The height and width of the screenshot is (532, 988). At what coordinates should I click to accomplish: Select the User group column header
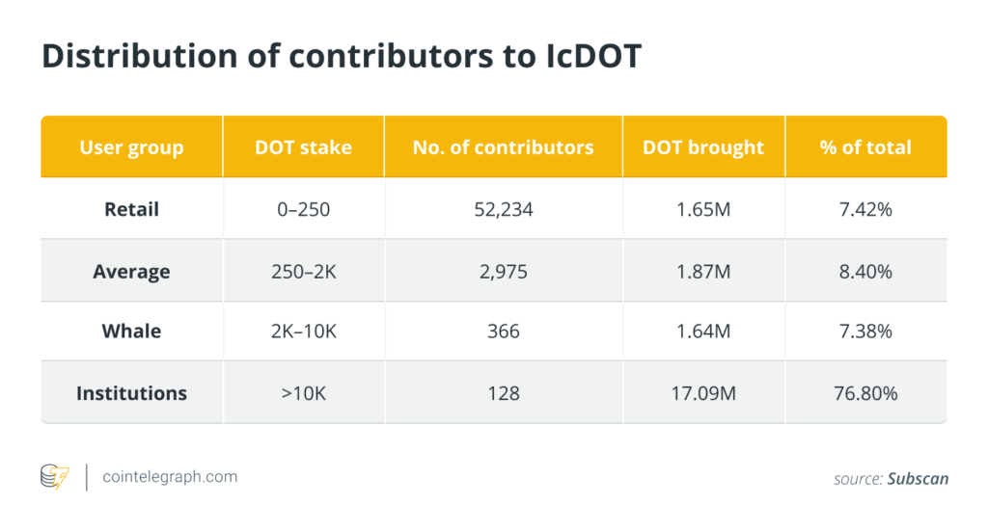[131, 147]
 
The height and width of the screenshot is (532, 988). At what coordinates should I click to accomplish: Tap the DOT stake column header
[303, 147]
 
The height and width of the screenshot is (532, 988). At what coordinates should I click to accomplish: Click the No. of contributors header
[503, 147]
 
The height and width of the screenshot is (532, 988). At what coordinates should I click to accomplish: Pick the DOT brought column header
[703, 147]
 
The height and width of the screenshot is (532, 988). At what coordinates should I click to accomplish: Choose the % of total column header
[865, 147]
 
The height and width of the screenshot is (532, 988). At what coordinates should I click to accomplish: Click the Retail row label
[131, 208]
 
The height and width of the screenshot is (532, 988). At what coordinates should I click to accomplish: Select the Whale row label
[131, 332]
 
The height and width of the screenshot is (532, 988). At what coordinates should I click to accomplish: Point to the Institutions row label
[131, 393]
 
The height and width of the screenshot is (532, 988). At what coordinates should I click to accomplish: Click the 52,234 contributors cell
[503, 208]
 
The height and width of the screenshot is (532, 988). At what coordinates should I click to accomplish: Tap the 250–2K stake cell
[303, 272]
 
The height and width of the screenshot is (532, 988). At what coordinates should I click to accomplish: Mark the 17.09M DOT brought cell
[703, 393]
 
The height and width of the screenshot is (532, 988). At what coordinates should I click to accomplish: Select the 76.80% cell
[865, 393]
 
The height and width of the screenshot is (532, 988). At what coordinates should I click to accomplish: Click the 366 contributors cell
[503, 332]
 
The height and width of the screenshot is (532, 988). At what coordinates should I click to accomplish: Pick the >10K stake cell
[303, 393]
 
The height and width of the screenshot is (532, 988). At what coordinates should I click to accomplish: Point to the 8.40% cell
[865, 272]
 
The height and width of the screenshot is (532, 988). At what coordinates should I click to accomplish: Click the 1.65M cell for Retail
[703, 208]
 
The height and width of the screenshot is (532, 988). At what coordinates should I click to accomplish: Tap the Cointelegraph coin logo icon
[55, 477]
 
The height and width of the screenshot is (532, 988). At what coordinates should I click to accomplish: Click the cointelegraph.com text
[170, 477]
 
